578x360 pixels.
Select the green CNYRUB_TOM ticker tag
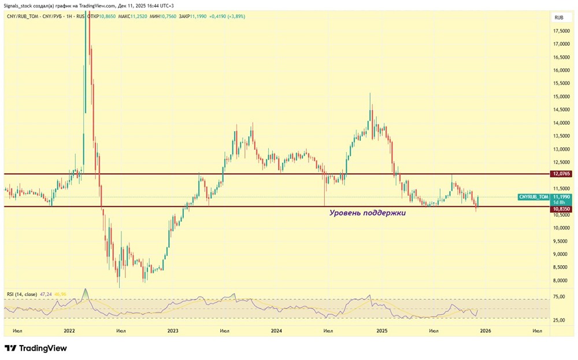(x=533, y=197)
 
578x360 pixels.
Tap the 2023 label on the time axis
(x=172, y=331)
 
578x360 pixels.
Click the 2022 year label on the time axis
(x=69, y=331)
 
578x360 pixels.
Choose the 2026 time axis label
(x=486, y=331)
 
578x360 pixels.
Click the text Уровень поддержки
(x=368, y=213)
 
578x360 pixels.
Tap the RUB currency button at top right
(x=559, y=18)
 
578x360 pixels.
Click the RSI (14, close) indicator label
(x=22, y=295)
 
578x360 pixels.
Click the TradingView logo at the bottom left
(x=36, y=348)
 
